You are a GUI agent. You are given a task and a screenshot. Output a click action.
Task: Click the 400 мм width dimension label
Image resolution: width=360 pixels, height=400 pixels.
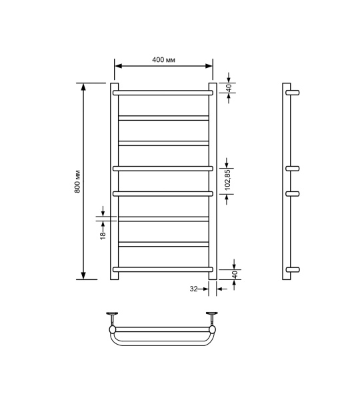click(x=163, y=60)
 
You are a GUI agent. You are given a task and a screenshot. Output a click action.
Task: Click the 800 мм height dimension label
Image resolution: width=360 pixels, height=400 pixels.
click(x=77, y=181)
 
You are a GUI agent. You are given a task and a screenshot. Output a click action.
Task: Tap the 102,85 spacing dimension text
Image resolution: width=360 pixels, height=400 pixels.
click(x=227, y=181)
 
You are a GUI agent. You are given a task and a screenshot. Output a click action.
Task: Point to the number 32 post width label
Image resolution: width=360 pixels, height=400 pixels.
click(x=193, y=289)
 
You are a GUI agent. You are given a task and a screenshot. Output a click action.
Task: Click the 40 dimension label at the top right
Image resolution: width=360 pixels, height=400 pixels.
click(x=227, y=87)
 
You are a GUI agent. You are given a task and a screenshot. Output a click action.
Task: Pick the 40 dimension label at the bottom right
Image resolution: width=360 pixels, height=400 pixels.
click(x=227, y=274)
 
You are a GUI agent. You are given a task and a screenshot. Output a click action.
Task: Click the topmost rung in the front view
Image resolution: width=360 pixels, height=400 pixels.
click(x=163, y=93)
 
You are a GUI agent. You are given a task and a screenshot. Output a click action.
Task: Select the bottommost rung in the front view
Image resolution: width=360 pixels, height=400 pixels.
click(x=163, y=269)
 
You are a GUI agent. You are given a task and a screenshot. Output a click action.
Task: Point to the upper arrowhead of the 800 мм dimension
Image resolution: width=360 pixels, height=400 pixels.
click(x=83, y=87)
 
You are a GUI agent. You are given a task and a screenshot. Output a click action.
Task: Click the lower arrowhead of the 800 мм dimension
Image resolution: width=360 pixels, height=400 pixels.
click(x=83, y=275)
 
